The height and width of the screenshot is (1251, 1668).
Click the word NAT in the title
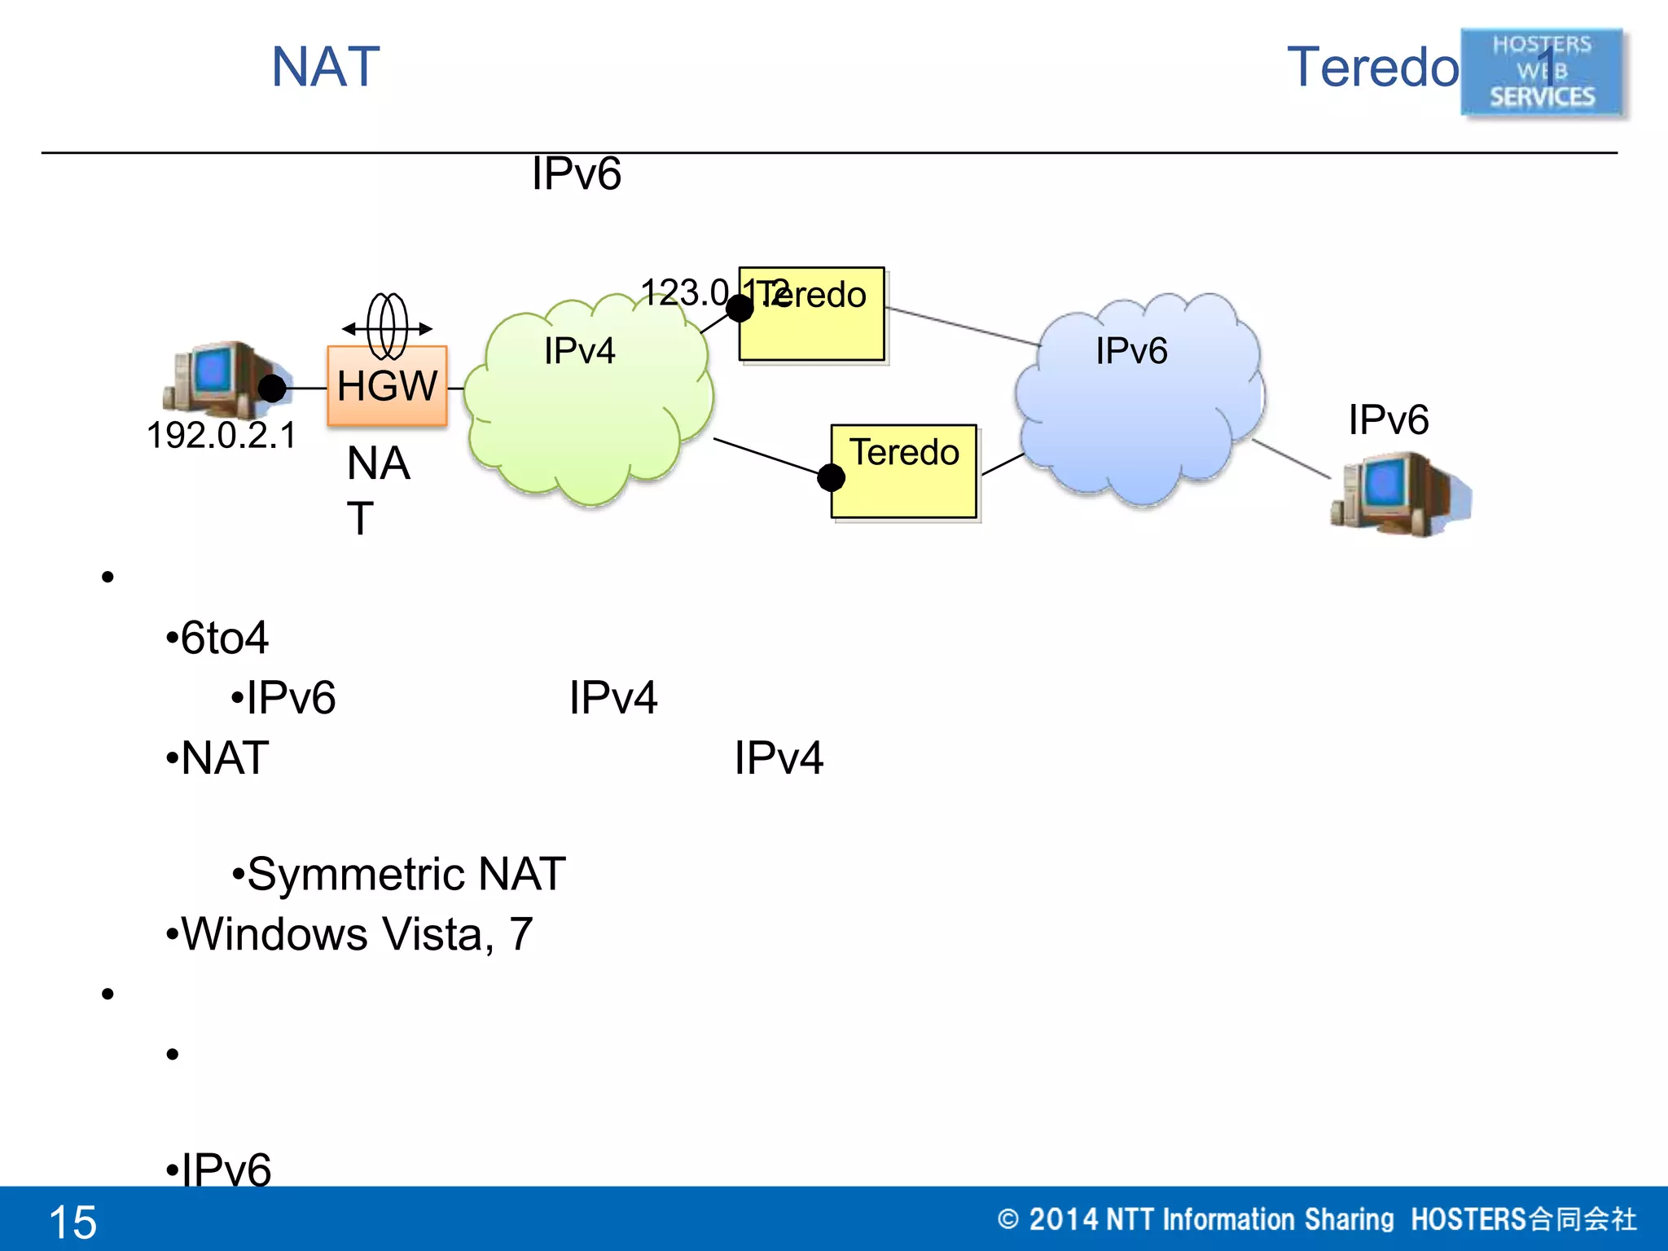326,67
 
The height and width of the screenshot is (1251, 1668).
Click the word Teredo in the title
1373,67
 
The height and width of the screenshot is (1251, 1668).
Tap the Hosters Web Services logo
1542,72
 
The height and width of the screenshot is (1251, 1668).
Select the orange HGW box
387,386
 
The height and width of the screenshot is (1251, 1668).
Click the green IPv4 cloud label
579,351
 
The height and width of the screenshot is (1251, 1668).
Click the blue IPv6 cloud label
1131,351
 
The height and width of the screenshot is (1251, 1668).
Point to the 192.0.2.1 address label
222,435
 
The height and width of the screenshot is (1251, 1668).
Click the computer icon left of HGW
216,378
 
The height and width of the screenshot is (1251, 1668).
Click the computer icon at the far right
1399,495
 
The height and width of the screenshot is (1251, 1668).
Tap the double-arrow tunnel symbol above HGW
387,327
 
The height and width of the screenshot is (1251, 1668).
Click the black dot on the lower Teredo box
831,477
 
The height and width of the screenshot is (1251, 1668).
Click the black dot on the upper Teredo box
740,309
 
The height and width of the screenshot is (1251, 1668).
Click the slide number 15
73,1222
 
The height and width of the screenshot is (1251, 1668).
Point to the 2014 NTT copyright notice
1317,1219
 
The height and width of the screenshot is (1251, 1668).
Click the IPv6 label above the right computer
1388,420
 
